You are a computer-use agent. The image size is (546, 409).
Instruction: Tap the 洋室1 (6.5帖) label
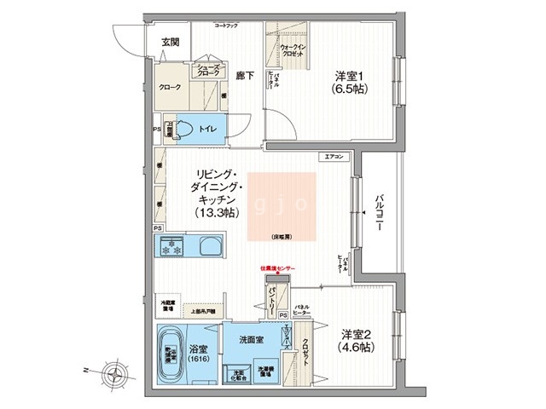[351, 82]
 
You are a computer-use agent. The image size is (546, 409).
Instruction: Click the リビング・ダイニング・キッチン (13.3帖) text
[210, 192]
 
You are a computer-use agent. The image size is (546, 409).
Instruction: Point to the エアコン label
[334, 157]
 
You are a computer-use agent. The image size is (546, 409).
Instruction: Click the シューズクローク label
[209, 71]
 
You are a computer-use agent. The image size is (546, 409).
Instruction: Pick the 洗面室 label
[252, 339]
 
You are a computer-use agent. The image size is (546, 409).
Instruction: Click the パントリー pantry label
[270, 300]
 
